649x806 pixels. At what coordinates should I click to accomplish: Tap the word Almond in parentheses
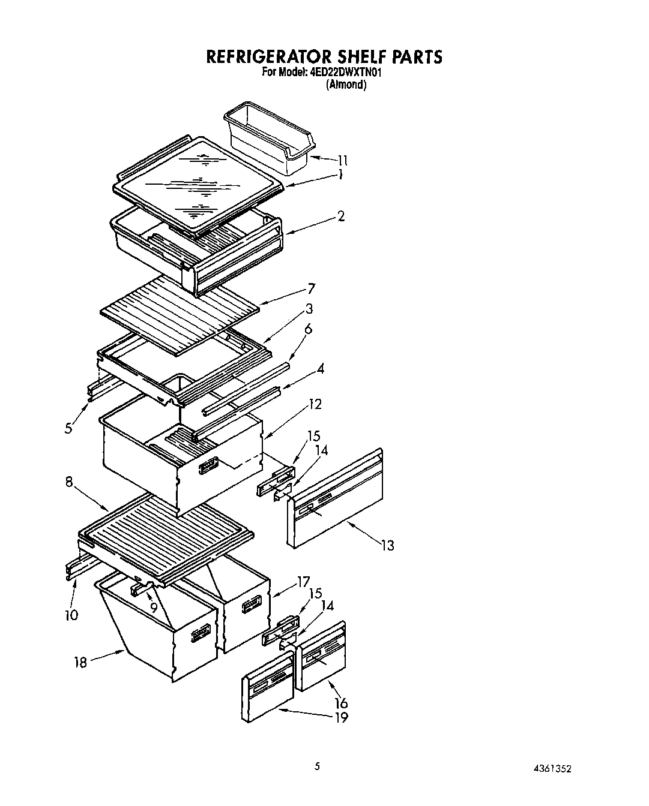(346, 85)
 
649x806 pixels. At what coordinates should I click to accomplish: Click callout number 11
(342, 160)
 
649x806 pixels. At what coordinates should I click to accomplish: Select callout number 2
(340, 216)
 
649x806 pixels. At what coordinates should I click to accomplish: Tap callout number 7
(310, 288)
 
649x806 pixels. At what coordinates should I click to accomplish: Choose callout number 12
(315, 404)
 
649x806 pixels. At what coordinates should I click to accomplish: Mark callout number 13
(387, 545)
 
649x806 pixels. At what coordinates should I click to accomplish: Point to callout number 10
(71, 615)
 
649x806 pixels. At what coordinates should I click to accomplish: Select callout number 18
(80, 662)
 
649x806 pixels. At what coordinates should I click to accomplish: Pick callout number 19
(340, 717)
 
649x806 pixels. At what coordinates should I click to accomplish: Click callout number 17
(303, 581)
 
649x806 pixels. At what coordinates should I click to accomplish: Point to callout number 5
(69, 428)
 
